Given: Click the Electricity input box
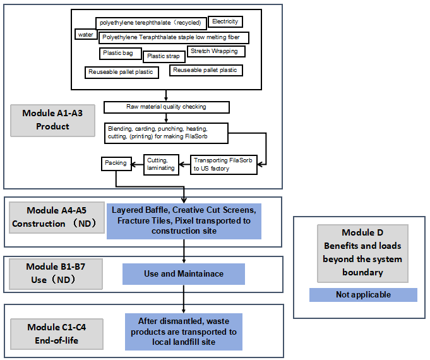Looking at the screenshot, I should click(x=225, y=22).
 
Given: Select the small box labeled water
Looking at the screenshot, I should click(x=84, y=35).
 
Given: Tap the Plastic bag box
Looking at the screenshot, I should click(x=119, y=53).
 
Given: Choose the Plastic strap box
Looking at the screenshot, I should click(x=163, y=56).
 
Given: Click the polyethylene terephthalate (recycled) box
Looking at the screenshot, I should click(x=150, y=23).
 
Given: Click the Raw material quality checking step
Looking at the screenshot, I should click(x=166, y=107).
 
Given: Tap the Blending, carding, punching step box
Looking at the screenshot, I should click(x=166, y=132).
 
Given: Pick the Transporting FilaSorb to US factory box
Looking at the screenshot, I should click(x=224, y=165).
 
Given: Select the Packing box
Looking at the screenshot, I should click(x=116, y=163).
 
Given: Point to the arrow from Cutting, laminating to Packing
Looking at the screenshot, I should click(x=136, y=163).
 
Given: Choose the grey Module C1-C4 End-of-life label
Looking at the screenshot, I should click(x=57, y=333).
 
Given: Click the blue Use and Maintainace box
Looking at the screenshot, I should click(x=183, y=274).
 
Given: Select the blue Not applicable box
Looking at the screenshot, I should click(x=363, y=295).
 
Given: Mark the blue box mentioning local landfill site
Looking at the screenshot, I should click(x=184, y=332).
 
